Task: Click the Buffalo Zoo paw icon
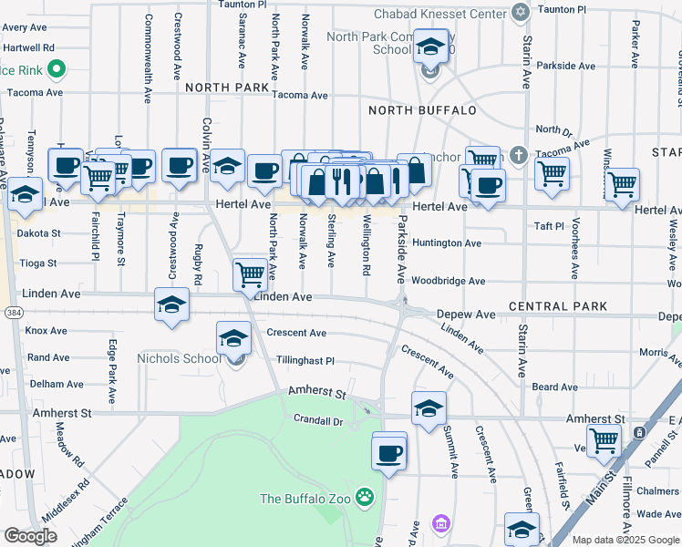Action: (366, 498)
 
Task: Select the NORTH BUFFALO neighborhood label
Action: (422, 110)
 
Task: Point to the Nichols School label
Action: (179, 358)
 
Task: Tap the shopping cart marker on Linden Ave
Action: (250, 273)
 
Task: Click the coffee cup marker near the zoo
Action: (389, 453)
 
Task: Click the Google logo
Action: (30, 536)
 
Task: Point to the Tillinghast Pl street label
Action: (306, 361)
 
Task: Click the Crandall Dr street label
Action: (317, 421)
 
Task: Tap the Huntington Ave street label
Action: (446, 243)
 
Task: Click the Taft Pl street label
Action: (550, 225)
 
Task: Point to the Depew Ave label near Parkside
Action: (466, 314)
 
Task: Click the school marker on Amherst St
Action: (428, 409)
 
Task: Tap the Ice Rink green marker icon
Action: (56, 67)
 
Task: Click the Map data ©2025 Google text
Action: (625, 540)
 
